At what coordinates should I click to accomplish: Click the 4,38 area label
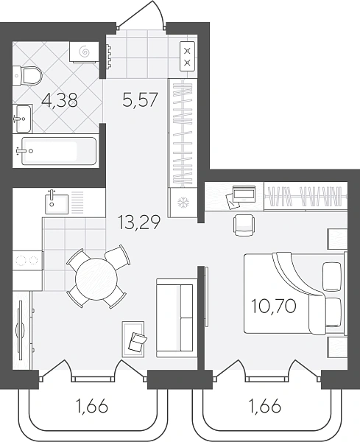(x=60, y=100)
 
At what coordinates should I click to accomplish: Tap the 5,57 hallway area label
(x=140, y=99)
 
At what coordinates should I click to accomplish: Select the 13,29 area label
(x=139, y=222)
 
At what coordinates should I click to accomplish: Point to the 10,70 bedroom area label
(x=274, y=306)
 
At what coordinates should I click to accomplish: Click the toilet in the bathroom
(x=27, y=75)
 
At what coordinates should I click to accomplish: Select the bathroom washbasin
(x=23, y=119)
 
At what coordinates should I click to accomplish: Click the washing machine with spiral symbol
(x=84, y=52)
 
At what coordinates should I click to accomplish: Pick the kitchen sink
(x=57, y=203)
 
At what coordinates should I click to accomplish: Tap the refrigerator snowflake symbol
(x=183, y=203)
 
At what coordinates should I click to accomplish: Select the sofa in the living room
(x=177, y=318)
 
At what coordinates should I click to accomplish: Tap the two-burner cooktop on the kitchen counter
(x=28, y=260)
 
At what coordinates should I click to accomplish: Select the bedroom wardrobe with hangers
(x=306, y=196)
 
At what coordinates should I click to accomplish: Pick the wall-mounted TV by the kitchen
(x=20, y=330)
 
